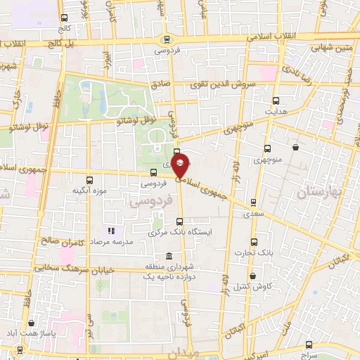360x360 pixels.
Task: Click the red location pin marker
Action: (x=180, y=167)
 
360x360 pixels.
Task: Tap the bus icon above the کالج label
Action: (x=65, y=18)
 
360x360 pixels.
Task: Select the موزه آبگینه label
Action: (x=89, y=191)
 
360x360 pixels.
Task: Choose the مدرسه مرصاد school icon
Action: (x=110, y=231)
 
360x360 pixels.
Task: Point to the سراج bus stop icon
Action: (x=309, y=345)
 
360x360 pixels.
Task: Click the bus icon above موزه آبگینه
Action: (x=89, y=180)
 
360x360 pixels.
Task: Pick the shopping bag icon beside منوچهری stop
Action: (x=294, y=148)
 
